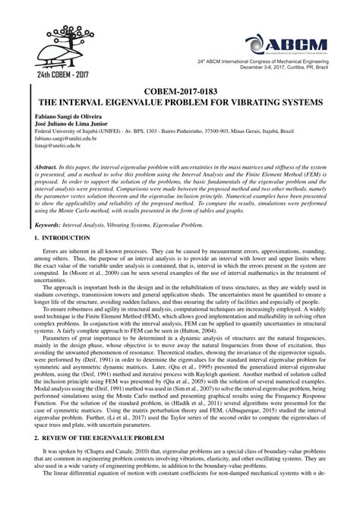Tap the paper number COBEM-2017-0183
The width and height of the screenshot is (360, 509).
click(179, 89)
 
